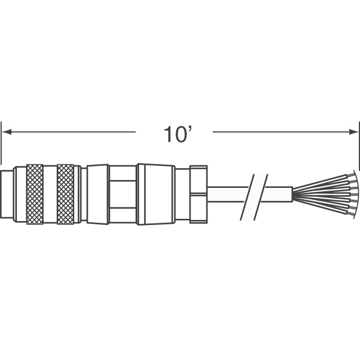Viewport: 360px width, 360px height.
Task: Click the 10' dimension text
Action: click(x=178, y=134)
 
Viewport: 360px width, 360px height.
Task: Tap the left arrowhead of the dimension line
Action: click(x=6, y=132)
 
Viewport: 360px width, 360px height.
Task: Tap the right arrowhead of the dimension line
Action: click(x=354, y=132)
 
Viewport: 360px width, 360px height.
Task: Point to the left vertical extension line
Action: click(x=1, y=143)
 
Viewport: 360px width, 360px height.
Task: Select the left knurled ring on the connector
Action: click(x=35, y=194)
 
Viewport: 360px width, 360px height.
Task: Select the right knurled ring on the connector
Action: click(x=65, y=194)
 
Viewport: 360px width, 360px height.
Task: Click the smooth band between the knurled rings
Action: click(x=50, y=194)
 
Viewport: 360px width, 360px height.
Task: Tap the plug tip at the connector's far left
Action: click(x=7, y=194)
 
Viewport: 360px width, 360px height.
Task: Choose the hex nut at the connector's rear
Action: click(x=199, y=194)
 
